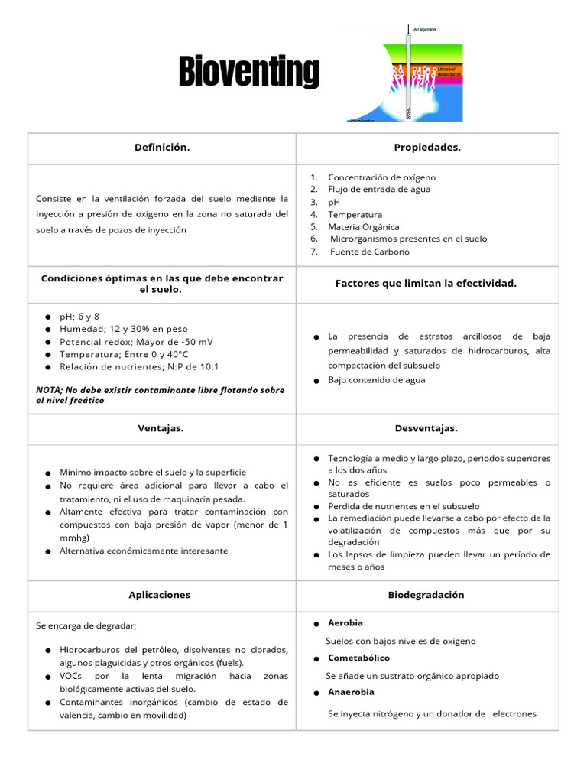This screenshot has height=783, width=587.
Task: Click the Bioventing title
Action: point(249,72)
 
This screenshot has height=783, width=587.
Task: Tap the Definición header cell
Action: point(162,148)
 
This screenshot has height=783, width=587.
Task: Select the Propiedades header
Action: point(427,148)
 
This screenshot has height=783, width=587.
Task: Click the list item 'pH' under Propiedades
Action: point(334,202)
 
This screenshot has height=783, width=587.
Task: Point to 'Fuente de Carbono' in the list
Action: point(369,252)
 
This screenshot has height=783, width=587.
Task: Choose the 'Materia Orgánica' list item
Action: point(363,227)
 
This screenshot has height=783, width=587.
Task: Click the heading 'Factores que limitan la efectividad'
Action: point(426,284)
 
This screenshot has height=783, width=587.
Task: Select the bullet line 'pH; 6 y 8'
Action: point(79,317)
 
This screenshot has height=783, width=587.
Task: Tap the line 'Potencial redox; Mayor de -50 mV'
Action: point(126,342)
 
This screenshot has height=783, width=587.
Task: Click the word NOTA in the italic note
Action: point(50,390)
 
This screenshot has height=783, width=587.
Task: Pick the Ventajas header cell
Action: point(161,428)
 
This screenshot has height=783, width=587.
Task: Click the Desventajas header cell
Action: point(427,428)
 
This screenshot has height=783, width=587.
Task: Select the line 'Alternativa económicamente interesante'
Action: point(144,551)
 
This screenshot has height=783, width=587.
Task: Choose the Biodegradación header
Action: point(426,595)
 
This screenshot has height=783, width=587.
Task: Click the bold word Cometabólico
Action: point(358,658)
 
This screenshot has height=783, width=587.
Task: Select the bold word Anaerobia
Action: point(351,692)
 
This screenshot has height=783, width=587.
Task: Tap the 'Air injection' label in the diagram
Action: point(424,29)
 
